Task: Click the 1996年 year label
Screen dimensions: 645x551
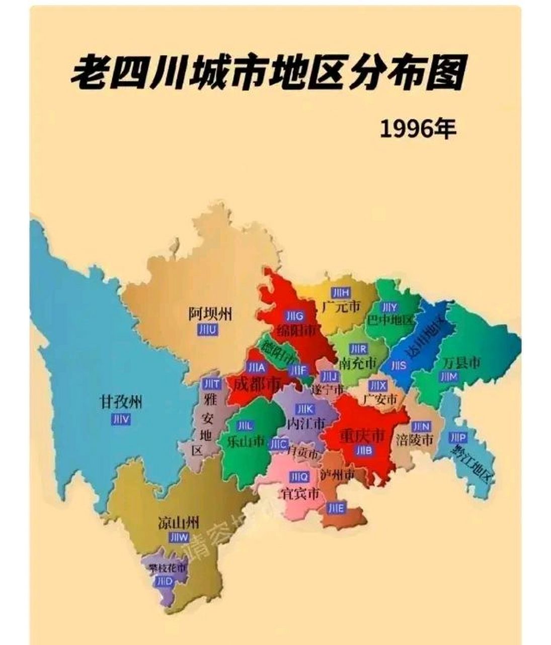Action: point(418,130)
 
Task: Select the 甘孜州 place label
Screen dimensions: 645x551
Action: point(121,402)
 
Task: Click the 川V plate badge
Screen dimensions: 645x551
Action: point(121,419)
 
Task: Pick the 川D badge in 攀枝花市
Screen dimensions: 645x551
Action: point(164,582)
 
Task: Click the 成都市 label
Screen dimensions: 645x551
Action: point(255,385)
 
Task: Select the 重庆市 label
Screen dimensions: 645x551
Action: point(361,435)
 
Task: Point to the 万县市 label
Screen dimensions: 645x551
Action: point(461,362)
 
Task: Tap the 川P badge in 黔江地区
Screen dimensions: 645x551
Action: point(458,437)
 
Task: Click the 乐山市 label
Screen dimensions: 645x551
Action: point(246,441)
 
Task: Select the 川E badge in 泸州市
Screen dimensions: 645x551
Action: point(336,508)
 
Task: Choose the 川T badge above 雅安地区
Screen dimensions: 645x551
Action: point(211,384)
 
